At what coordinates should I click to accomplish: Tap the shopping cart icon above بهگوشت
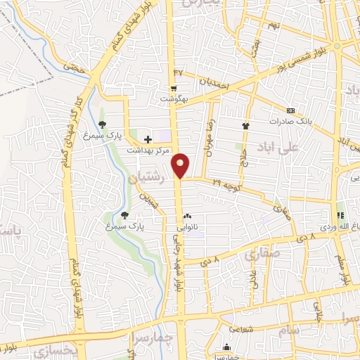pos(172,88)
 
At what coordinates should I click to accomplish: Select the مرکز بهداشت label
pos(149,150)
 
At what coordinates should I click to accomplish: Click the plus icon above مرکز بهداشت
pos(148,139)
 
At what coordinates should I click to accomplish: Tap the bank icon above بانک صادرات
pos(290,110)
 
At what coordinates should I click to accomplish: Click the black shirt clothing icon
pos(245,125)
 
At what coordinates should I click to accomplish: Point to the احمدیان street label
pos(213,82)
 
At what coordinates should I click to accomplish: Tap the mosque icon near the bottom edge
pos(226,347)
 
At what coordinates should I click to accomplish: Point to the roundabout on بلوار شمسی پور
pos(337,46)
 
